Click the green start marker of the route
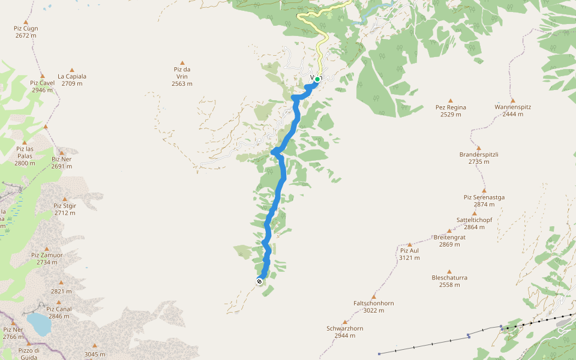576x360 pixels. (x=317, y=79)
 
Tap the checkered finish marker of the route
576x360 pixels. (x=259, y=281)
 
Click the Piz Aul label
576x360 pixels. (x=409, y=250)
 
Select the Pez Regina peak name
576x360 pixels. (x=451, y=107)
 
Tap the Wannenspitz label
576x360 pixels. (x=512, y=107)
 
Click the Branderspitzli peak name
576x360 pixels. (x=479, y=154)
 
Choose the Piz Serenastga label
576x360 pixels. (x=484, y=197)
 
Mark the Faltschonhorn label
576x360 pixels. (x=373, y=303)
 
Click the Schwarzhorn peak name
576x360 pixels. (x=344, y=328)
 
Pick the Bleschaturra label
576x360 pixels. (x=449, y=278)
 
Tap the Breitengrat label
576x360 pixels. (x=449, y=237)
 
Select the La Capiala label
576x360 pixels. (x=72, y=76)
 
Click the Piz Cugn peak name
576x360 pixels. (x=26, y=28)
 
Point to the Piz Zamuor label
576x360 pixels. (x=47, y=255)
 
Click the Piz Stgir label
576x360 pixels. (x=65, y=205)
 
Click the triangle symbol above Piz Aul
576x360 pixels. (x=410, y=244)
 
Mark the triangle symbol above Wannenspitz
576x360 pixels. (x=512, y=101)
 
